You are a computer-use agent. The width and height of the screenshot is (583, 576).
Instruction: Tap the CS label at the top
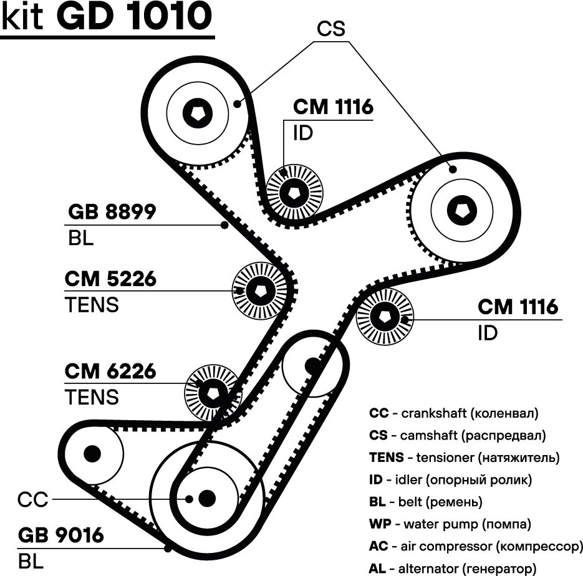[x=331, y=29]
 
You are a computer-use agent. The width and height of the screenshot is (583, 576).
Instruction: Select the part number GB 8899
[x=112, y=213]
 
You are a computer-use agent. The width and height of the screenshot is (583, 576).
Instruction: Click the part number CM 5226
[x=110, y=279]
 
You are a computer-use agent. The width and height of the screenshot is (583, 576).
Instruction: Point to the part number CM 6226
[x=110, y=372]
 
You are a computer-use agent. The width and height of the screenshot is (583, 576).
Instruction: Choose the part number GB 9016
[x=60, y=535]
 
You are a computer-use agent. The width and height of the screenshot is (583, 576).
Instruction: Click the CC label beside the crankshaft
[x=33, y=500]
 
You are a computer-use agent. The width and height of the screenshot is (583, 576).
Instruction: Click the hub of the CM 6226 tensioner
[x=213, y=392]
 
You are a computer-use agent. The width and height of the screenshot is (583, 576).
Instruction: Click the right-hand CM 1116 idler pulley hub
[x=384, y=317]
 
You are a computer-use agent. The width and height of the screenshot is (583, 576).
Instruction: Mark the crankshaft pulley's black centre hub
[x=206, y=497]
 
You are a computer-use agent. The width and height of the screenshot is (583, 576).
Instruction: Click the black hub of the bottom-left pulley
[x=92, y=451]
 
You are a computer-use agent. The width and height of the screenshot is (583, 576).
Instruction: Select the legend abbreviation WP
[x=379, y=524]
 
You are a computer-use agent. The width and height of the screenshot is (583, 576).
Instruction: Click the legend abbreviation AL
[x=378, y=569]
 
